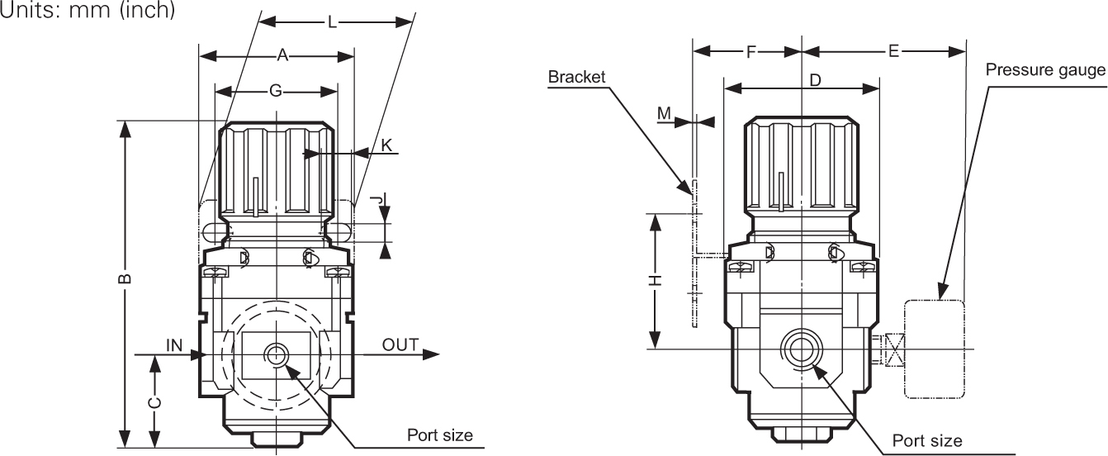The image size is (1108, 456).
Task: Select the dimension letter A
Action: tap(282, 56)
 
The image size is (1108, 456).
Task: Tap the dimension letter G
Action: tap(276, 91)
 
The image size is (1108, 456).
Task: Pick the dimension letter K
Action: tap(386, 145)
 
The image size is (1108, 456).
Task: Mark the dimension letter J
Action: tap(376, 200)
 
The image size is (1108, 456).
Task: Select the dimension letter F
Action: tap(751, 52)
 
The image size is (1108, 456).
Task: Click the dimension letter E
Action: tap(893, 52)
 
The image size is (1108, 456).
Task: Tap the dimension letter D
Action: tap(814, 81)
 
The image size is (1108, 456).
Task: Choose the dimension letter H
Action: tap(655, 281)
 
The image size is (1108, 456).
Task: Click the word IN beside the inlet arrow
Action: tap(174, 345)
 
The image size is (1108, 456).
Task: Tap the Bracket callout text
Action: tap(576, 77)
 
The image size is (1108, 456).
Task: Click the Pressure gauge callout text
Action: tap(1045, 70)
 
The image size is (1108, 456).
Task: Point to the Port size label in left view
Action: tap(440, 435)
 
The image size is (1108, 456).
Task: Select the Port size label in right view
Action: tap(927, 440)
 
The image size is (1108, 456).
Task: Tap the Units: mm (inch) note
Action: tap(88, 12)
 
